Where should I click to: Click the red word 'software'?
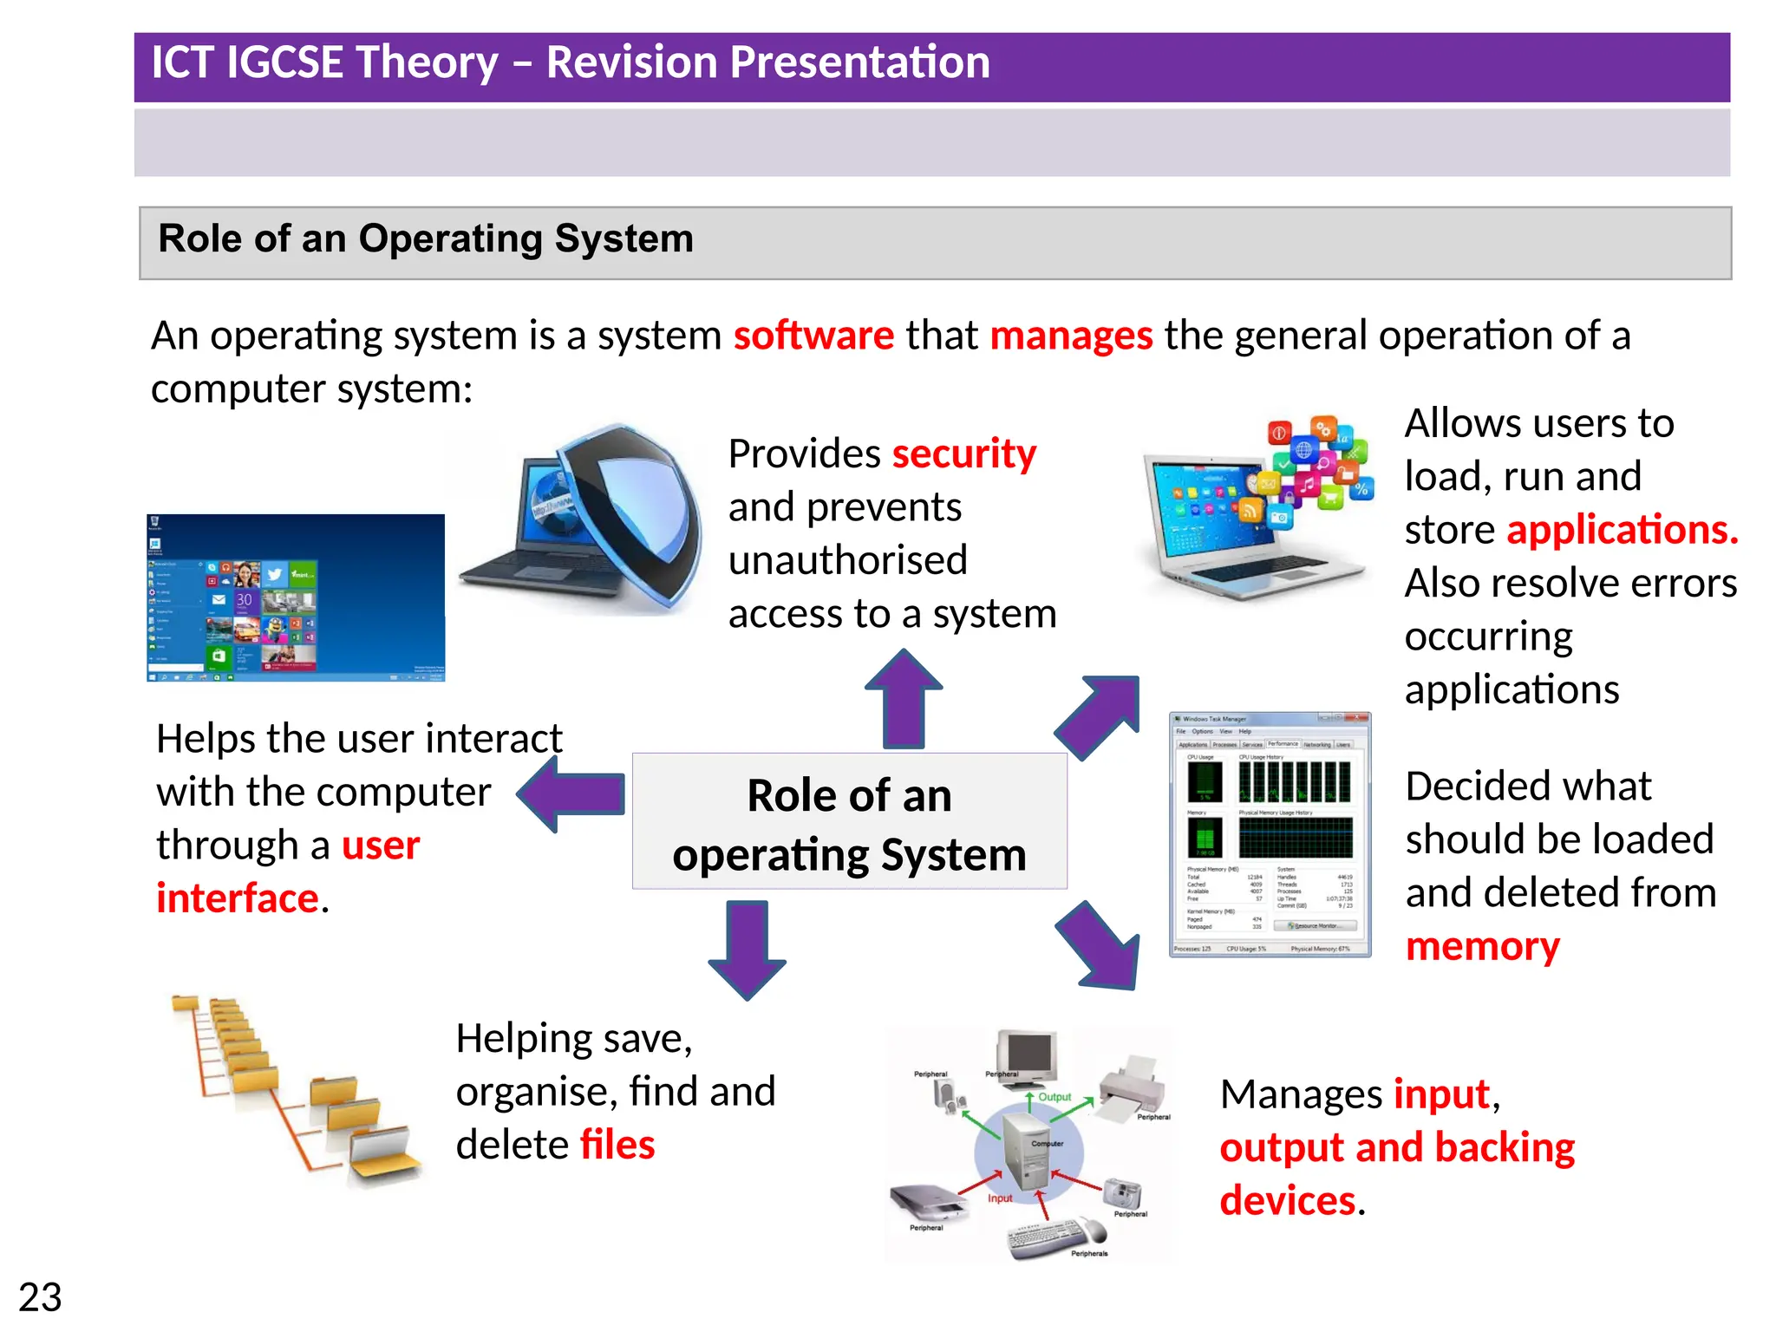813,336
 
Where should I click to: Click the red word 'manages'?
1071,336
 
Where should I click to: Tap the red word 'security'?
963,454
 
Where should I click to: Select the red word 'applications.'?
1622,531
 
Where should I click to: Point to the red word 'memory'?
1482,947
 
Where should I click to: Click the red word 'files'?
617,1146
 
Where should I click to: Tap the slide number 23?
40,1298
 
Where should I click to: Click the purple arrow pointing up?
904,699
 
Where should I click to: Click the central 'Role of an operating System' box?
849,822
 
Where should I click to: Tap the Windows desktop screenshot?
296,597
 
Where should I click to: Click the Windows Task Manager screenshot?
1270,835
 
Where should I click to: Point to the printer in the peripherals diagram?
1133,1085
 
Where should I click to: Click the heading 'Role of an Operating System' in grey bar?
426,239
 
